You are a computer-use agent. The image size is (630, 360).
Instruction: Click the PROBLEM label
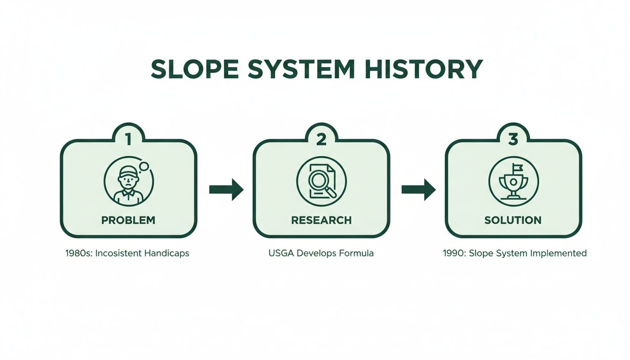pyautogui.click(x=128, y=220)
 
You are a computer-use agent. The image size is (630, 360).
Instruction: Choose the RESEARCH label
pyautogui.click(x=321, y=220)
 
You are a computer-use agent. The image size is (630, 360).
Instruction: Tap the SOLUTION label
pyautogui.click(x=513, y=220)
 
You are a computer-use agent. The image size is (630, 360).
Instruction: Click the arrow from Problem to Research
pyautogui.click(x=226, y=189)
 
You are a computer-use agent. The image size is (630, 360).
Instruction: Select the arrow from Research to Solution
pyautogui.click(x=418, y=189)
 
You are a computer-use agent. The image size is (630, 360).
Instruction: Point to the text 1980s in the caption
pyautogui.click(x=77, y=253)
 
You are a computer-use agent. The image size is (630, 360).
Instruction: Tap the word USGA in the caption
pyautogui.click(x=280, y=253)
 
